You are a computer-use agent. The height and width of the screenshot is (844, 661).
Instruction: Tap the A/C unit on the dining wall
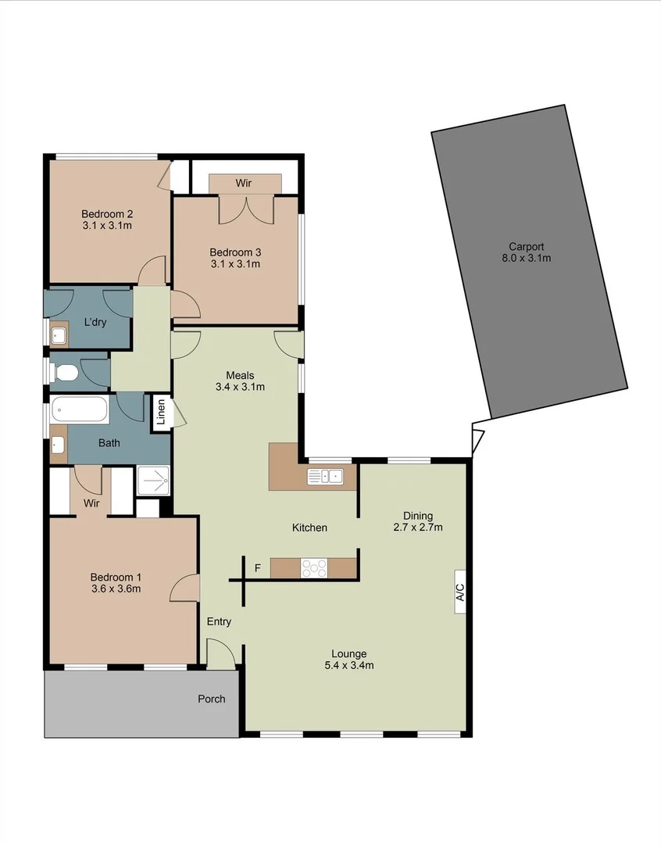pos(460,592)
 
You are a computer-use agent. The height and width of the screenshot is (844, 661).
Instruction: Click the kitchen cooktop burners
pos(315,567)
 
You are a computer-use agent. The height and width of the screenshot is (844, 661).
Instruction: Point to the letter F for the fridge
pos(257,567)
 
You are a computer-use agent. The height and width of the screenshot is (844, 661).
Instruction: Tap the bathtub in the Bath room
pos(79,409)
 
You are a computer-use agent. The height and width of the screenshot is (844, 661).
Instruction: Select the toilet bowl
pos(66,372)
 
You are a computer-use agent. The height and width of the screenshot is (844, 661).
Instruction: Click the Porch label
pos(211,699)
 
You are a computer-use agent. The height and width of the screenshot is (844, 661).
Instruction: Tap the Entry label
pos(219,621)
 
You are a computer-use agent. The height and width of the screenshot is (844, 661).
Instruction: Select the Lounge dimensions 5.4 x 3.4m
pos(348,666)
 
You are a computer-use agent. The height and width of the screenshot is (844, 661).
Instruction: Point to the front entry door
pos(220,653)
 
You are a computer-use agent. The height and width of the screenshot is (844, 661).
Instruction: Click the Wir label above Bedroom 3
pos(244,183)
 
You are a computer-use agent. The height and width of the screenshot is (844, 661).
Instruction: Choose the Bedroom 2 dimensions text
pos(106,226)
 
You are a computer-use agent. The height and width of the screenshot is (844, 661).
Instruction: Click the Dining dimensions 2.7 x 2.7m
pos(417,527)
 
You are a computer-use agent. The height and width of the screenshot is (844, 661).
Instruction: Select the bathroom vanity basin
pos(58,445)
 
